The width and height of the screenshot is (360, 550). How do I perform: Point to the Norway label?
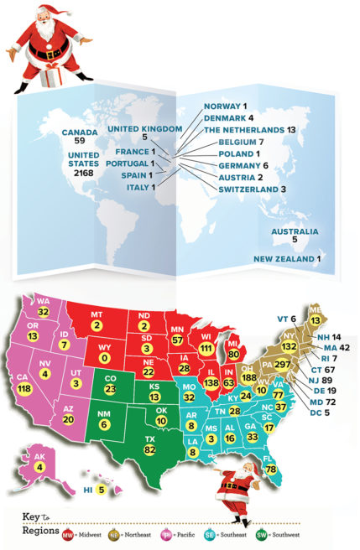222,107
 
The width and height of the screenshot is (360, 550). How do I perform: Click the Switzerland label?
236,190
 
